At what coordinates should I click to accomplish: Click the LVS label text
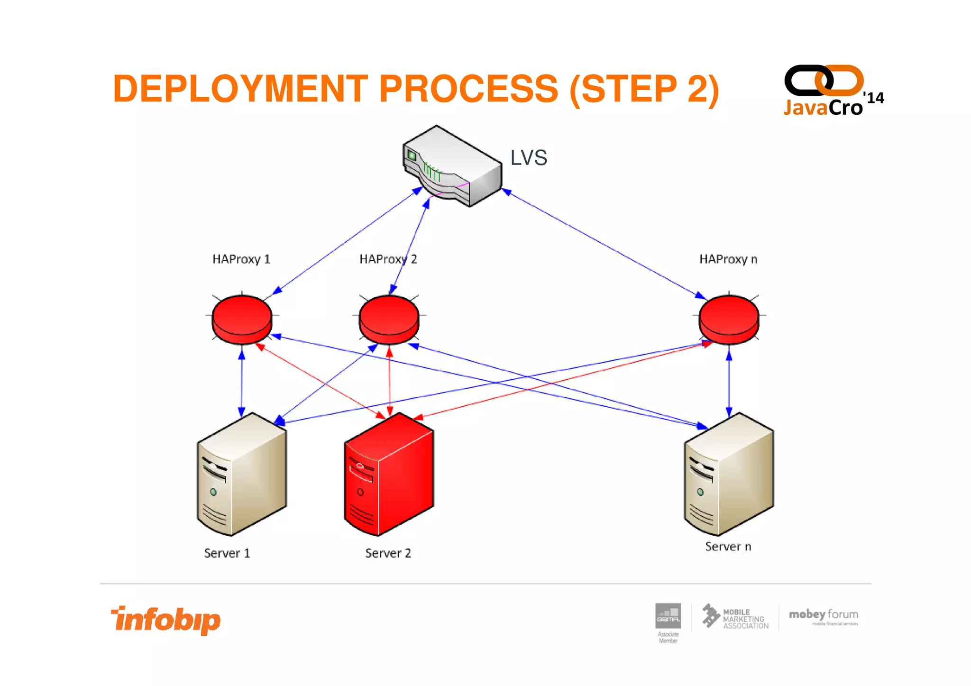[x=528, y=158]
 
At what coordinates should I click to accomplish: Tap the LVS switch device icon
[x=452, y=166]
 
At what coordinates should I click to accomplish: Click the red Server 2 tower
[x=389, y=474]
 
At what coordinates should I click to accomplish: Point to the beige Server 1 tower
[x=242, y=474]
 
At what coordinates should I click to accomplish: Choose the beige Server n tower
[x=729, y=474]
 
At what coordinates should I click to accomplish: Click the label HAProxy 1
[x=241, y=259]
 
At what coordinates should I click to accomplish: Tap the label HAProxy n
[x=728, y=259]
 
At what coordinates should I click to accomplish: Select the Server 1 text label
[x=227, y=553]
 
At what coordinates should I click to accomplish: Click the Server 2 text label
[x=388, y=553]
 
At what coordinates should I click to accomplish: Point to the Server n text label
[x=728, y=547]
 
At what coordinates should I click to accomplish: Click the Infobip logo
[x=166, y=620]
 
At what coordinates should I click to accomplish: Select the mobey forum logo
[x=824, y=616]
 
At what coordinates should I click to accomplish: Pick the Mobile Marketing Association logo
[x=735, y=617]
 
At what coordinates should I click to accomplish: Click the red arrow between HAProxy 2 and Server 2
[x=390, y=382]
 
